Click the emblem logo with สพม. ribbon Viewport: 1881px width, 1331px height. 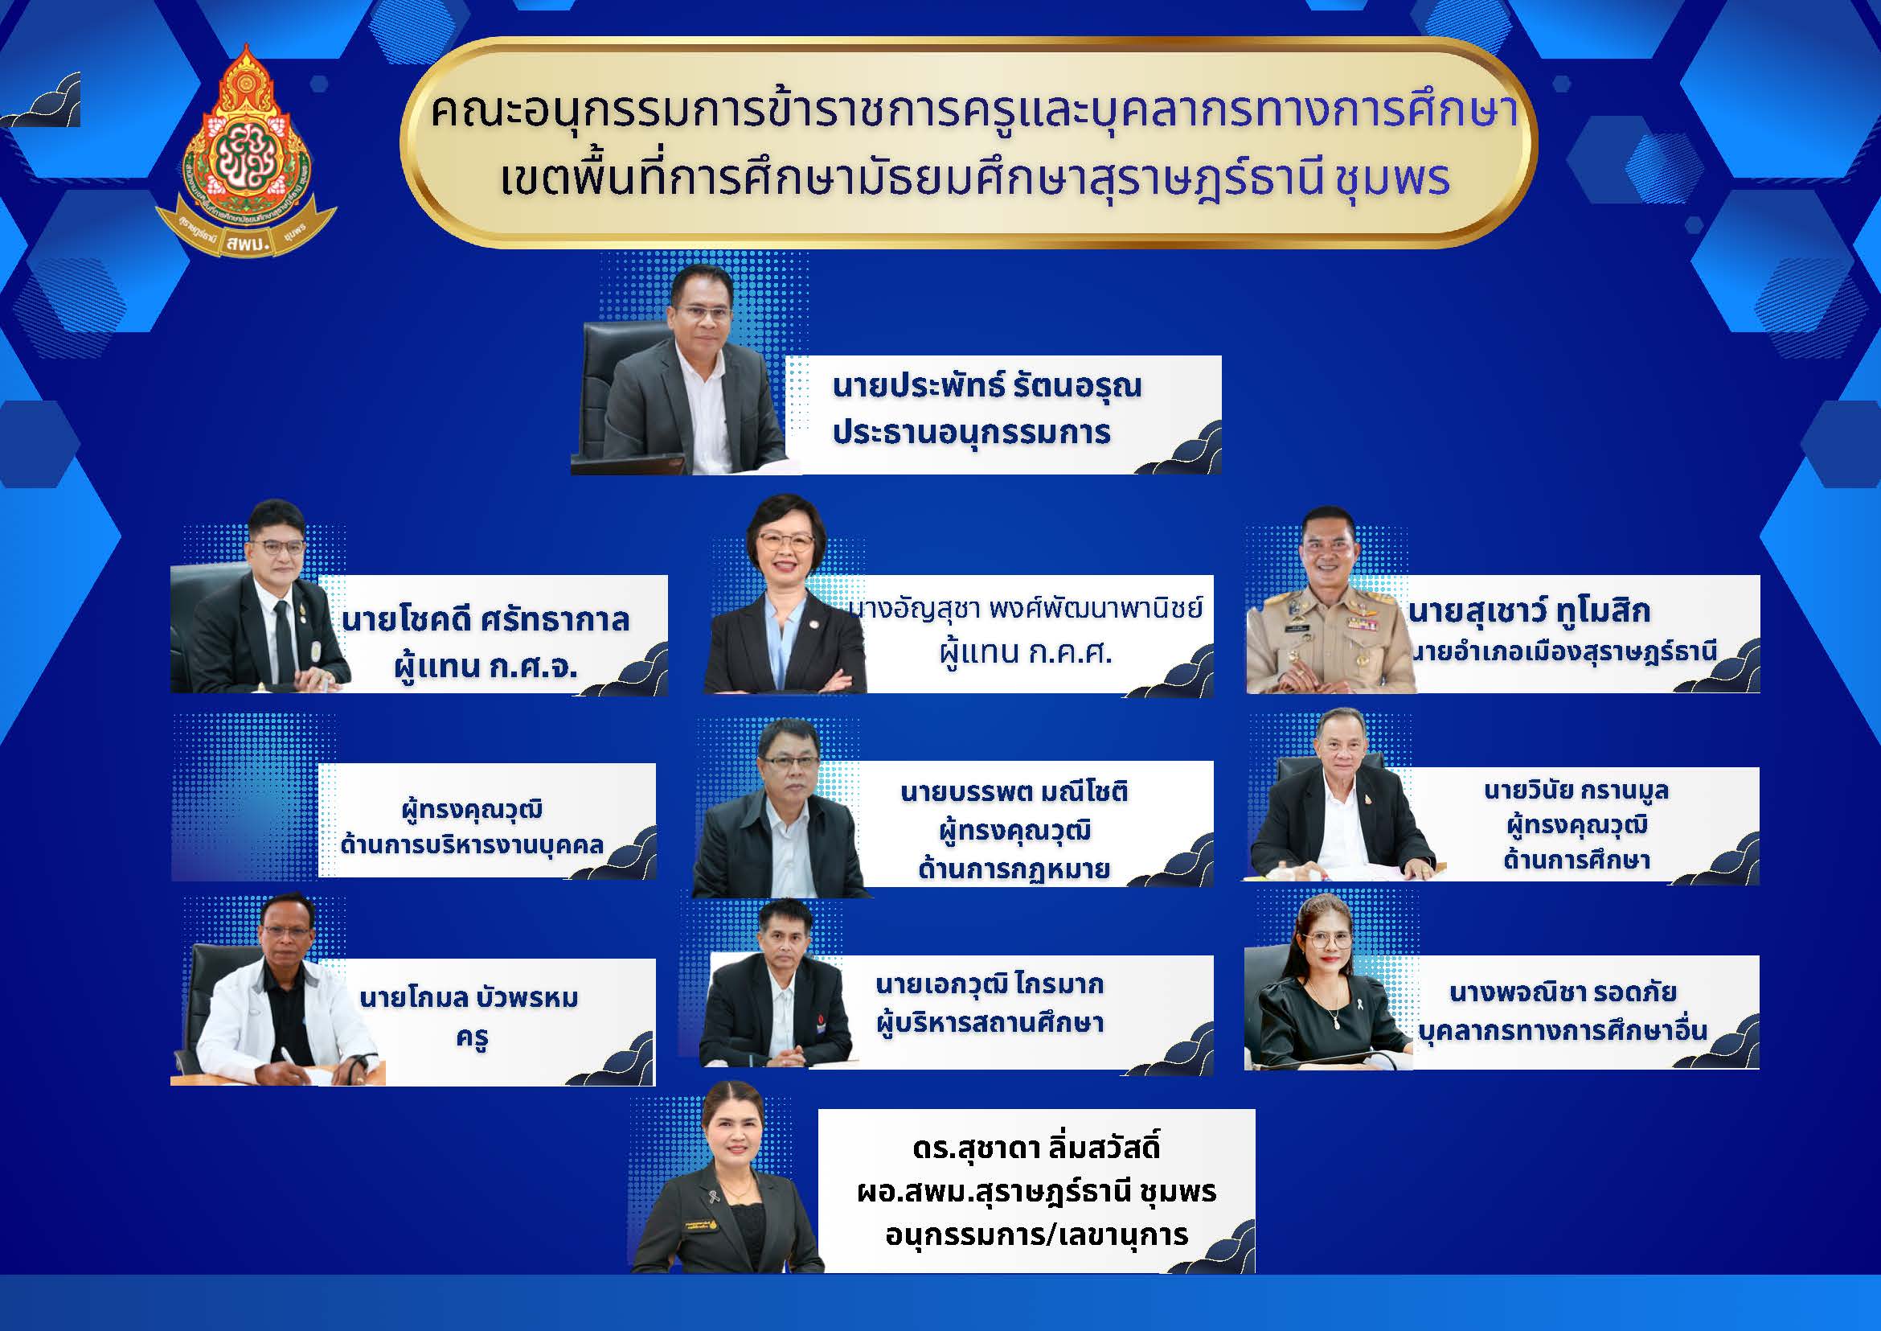click(x=246, y=151)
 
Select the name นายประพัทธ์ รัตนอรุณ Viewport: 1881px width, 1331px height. click(x=986, y=386)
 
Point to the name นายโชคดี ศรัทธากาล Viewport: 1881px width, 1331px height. click(x=485, y=619)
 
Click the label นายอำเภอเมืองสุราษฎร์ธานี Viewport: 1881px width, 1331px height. click(x=1563, y=652)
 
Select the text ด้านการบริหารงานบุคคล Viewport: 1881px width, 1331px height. click(x=472, y=844)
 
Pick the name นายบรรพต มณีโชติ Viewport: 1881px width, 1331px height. click(x=1014, y=791)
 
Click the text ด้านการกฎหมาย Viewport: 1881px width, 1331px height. click(x=1014, y=869)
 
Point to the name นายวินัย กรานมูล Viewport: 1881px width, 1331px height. click(x=1576, y=791)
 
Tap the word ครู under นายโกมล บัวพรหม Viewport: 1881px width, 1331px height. click(x=473, y=1038)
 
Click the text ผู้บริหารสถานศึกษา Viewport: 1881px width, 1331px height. click(x=989, y=1023)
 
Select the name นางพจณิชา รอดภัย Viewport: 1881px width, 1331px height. click(x=1563, y=992)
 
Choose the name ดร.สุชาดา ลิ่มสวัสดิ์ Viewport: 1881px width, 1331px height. click(x=1035, y=1148)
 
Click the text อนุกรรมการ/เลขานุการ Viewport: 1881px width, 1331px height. click(x=1036, y=1234)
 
